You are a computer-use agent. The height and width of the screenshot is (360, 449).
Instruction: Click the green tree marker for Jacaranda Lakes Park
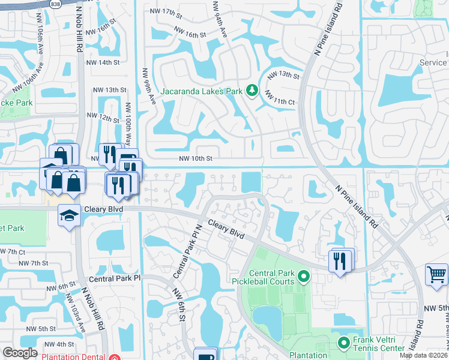[x=252, y=91]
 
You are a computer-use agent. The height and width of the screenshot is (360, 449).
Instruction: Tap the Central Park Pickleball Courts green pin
[x=304, y=277]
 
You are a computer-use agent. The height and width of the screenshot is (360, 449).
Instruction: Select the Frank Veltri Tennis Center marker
[x=344, y=344]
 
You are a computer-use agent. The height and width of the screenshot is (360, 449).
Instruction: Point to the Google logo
[x=20, y=353]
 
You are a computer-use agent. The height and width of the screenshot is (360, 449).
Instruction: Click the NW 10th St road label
[x=196, y=159]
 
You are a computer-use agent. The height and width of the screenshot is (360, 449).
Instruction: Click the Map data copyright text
[x=423, y=355]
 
